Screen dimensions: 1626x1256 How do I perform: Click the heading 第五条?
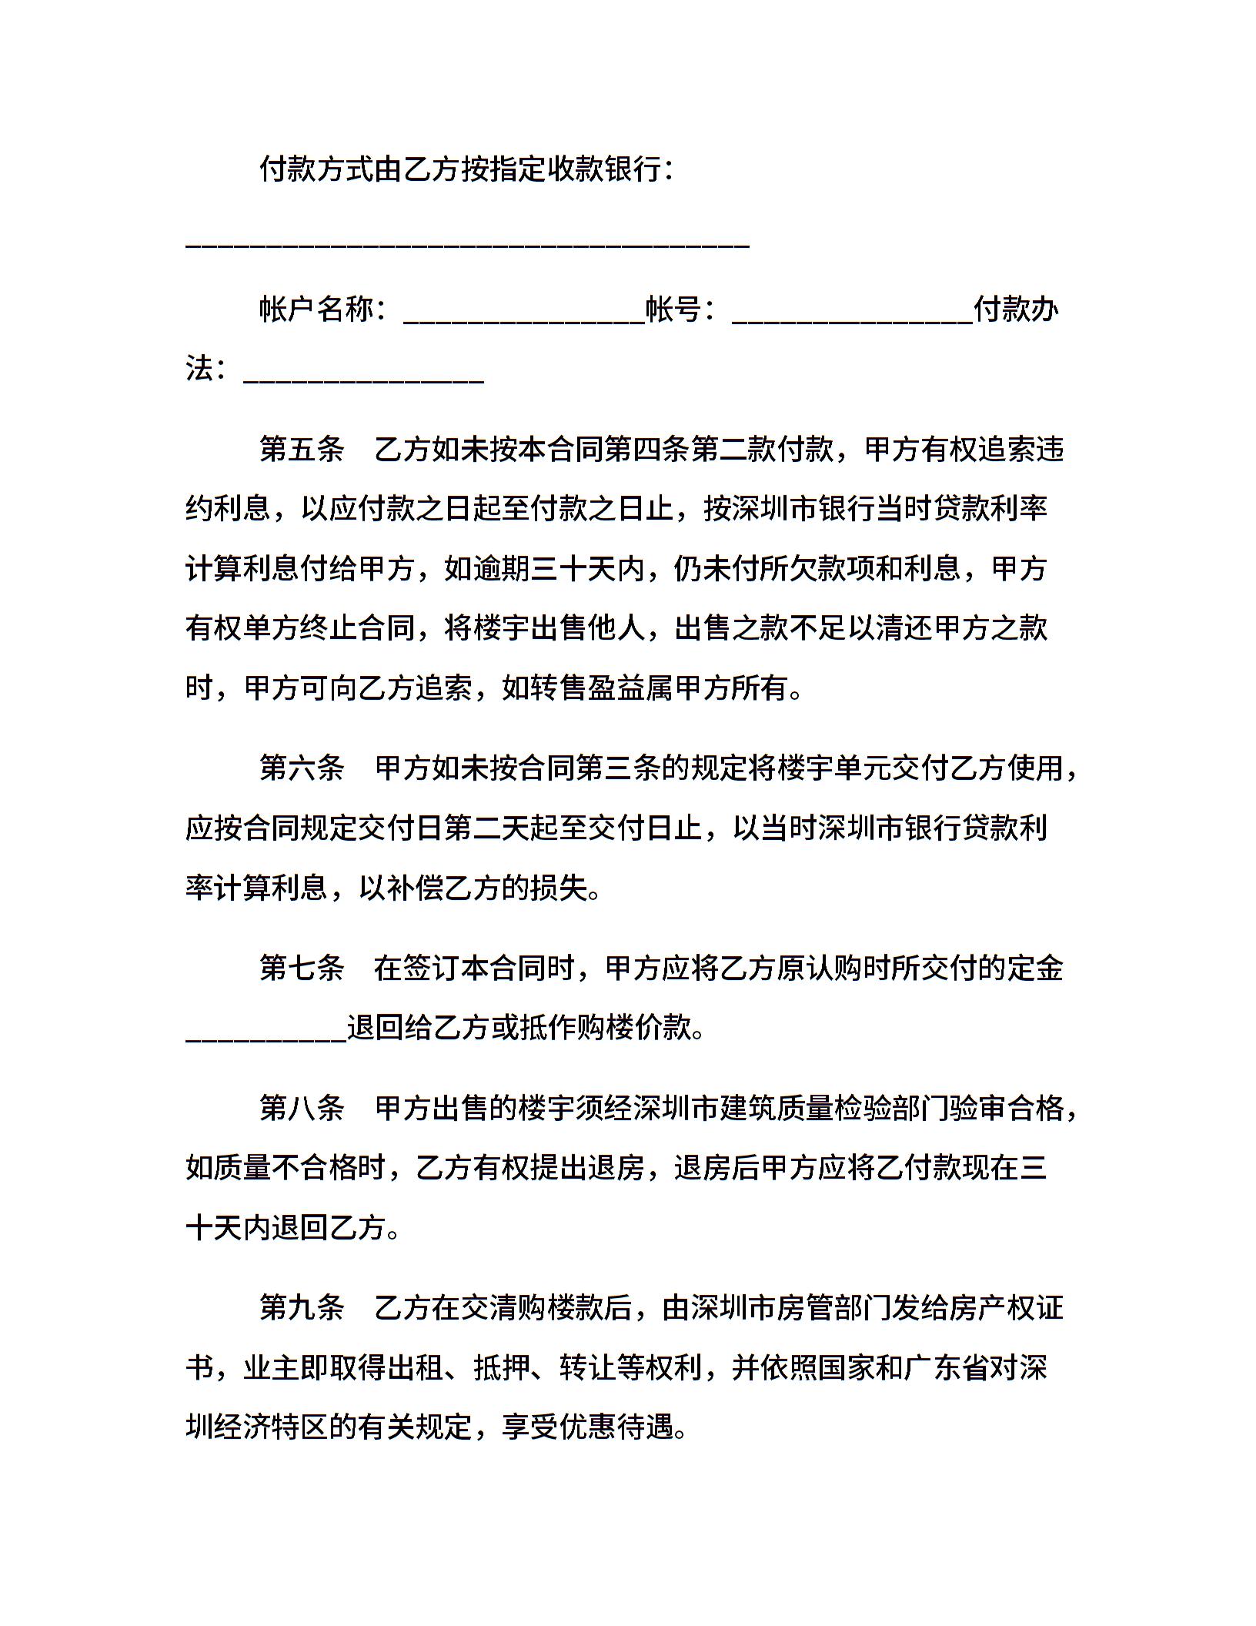coord(302,449)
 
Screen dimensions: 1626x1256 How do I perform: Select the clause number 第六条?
coord(302,768)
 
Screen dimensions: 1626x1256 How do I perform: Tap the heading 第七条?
coord(302,968)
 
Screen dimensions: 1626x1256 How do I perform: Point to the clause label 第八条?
coord(302,1108)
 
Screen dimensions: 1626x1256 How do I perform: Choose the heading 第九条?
coord(302,1307)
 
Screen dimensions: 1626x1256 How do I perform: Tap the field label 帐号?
coord(673,309)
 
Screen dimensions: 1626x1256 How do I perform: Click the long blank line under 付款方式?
coord(468,245)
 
